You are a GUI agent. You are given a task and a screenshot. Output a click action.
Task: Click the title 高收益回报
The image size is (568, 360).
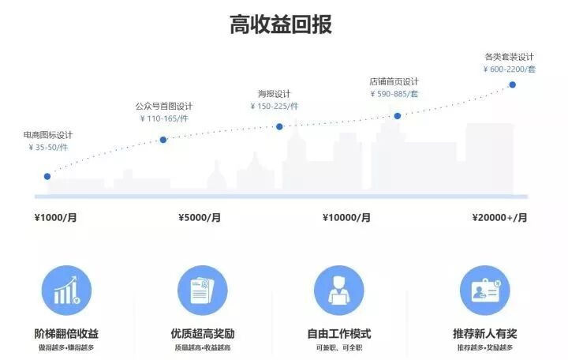coord(281,24)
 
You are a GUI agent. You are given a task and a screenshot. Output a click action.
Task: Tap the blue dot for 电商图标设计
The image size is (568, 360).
coord(47,176)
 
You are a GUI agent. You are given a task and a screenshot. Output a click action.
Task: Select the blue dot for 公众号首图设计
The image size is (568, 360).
coord(163,140)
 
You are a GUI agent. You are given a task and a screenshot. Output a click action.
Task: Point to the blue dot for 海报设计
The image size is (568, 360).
coord(279,126)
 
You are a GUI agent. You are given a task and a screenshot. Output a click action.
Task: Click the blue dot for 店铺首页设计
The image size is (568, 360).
coord(398,116)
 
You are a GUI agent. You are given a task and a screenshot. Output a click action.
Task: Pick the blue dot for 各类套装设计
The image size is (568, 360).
coord(512,84)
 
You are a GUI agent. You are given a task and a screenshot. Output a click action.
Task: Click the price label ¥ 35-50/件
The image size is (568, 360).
coord(48,147)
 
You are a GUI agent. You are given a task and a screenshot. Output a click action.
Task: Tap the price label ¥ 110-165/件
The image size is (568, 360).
coord(163,118)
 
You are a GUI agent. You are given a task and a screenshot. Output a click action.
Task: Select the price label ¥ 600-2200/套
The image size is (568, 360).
coord(510,69)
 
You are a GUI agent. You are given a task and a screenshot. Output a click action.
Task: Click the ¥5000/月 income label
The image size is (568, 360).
coord(200,218)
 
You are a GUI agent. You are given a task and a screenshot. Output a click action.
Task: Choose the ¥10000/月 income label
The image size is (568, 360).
coord(346,218)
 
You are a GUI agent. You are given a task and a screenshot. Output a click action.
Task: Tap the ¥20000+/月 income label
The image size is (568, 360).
coord(499,218)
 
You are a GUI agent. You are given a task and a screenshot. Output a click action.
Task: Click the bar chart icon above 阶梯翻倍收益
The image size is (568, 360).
coord(66,290)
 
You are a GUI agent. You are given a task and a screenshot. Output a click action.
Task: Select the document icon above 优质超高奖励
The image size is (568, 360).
coord(202,290)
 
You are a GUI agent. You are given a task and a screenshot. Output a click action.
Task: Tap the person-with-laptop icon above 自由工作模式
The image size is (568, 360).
coord(338,290)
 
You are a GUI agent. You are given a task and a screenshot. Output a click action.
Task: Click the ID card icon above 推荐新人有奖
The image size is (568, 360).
coord(484,290)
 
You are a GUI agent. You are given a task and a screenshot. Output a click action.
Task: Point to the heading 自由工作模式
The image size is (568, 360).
coord(338,333)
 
